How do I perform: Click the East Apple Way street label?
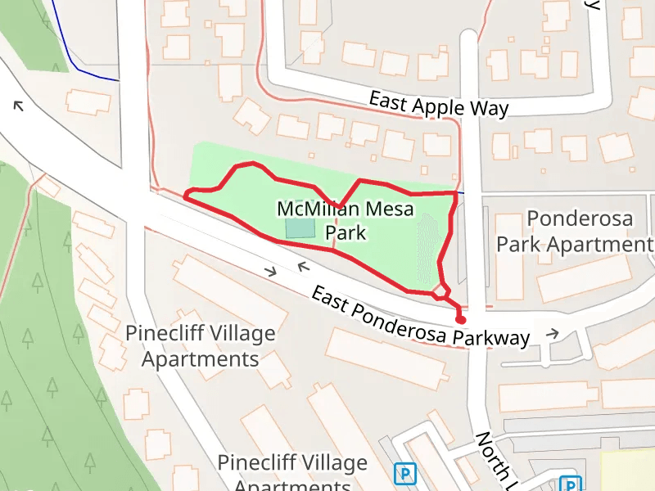click(438, 104)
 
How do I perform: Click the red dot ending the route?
click(461, 320)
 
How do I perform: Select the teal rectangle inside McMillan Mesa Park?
click(299, 228)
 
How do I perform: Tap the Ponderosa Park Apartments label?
click(580, 232)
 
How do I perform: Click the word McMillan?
click(318, 209)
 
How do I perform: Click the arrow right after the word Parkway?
click(553, 333)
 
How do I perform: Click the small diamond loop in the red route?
click(440, 291)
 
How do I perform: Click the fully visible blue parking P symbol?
click(404, 473)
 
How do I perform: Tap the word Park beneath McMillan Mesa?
click(346, 233)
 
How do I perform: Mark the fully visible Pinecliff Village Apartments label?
click(200, 346)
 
